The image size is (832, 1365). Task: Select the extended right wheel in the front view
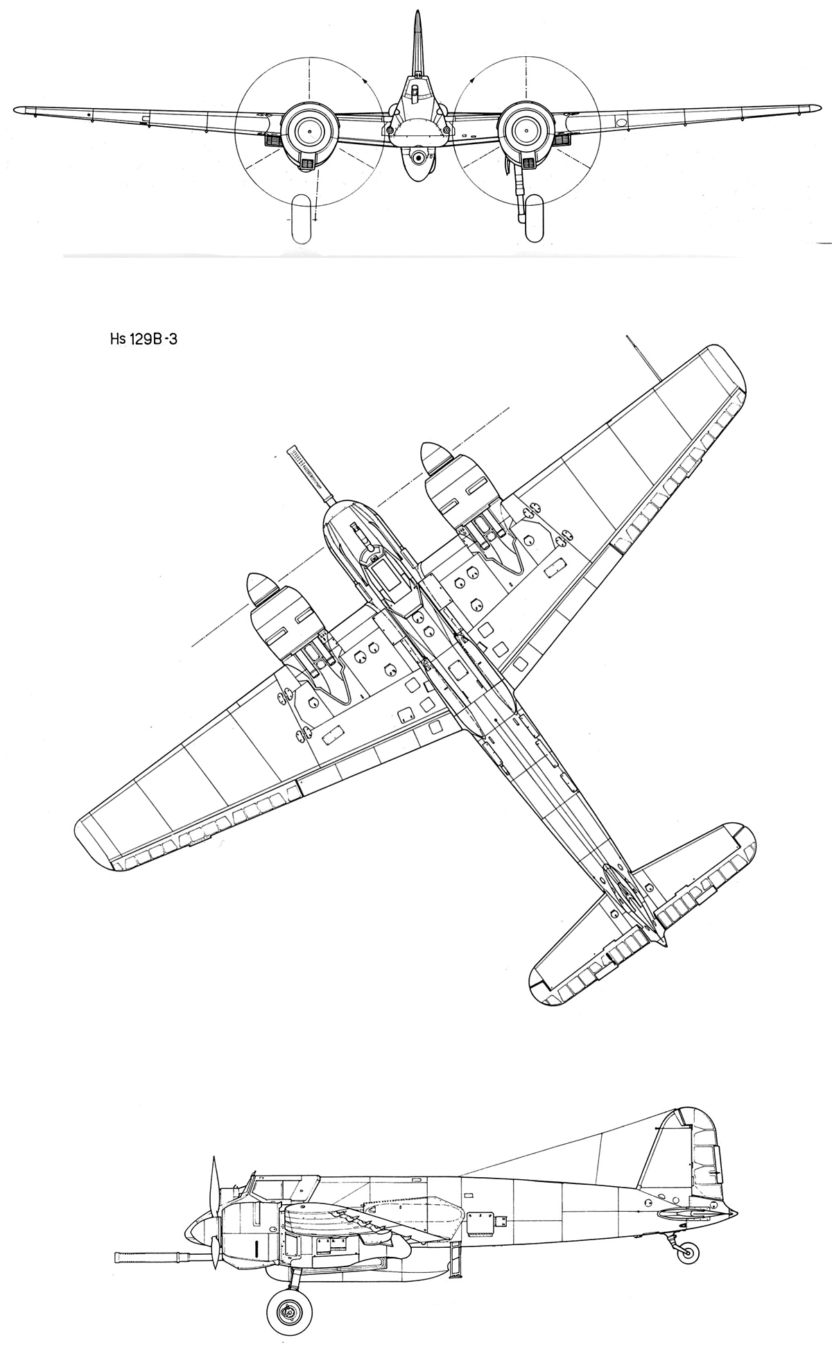(534, 219)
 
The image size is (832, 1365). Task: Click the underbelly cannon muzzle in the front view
(418, 159)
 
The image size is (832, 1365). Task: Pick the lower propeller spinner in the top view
(259, 591)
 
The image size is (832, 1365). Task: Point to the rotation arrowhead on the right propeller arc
(472, 80)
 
